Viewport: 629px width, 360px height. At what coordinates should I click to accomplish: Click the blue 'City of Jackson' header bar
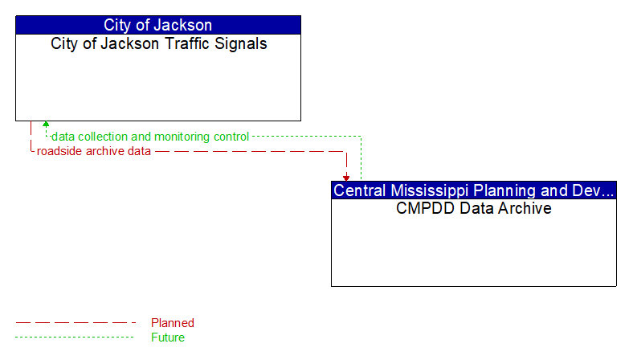pos(158,25)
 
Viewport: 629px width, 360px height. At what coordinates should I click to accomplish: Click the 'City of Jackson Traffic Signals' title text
pos(158,44)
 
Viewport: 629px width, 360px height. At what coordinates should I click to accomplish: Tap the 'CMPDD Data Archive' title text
pos(474,208)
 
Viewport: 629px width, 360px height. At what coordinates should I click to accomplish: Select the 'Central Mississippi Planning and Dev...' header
pos(474,190)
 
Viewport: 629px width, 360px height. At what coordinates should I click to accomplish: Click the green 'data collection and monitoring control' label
pos(150,137)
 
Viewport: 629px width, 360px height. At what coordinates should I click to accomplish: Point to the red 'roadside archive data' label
pos(94,151)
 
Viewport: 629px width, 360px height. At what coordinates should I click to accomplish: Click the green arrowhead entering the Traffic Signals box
pos(46,125)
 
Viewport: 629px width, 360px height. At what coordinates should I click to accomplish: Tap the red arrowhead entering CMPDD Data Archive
pos(346,177)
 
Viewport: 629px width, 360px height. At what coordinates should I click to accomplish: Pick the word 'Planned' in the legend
pos(173,323)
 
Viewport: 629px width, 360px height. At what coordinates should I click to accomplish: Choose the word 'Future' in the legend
pos(168,337)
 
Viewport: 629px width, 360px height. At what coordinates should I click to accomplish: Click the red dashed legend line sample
pos(76,323)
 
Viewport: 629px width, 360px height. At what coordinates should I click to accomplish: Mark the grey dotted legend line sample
pos(76,337)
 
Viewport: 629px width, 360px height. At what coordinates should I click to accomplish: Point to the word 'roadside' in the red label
pos(59,151)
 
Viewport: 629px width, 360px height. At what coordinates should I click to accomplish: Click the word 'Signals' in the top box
pos(242,44)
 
